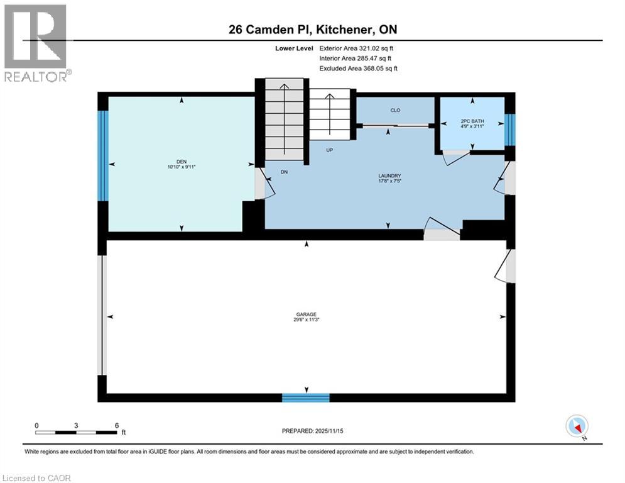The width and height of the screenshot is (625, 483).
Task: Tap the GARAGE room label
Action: click(x=307, y=314)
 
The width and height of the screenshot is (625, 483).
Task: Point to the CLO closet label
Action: click(x=395, y=110)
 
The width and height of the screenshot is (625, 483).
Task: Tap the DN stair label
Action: click(x=284, y=172)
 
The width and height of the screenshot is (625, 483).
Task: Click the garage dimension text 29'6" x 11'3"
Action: click(x=307, y=320)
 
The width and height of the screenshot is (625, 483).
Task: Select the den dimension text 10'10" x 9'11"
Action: click(x=182, y=167)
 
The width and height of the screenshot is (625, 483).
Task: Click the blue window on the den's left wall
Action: click(x=104, y=155)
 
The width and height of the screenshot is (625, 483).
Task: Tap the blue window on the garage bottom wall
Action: click(x=306, y=397)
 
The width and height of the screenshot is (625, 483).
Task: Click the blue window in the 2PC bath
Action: click(x=510, y=129)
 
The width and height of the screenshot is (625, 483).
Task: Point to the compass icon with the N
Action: click(x=576, y=426)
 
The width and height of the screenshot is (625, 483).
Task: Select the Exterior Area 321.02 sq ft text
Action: click(x=357, y=48)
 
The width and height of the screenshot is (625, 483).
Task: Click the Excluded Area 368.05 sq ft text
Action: click(x=358, y=69)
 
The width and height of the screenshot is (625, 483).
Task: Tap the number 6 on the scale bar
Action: click(x=117, y=425)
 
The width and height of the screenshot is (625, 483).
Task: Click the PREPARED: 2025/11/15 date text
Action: click(x=312, y=431)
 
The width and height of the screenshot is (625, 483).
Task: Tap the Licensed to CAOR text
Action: click(x=38, y=478)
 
